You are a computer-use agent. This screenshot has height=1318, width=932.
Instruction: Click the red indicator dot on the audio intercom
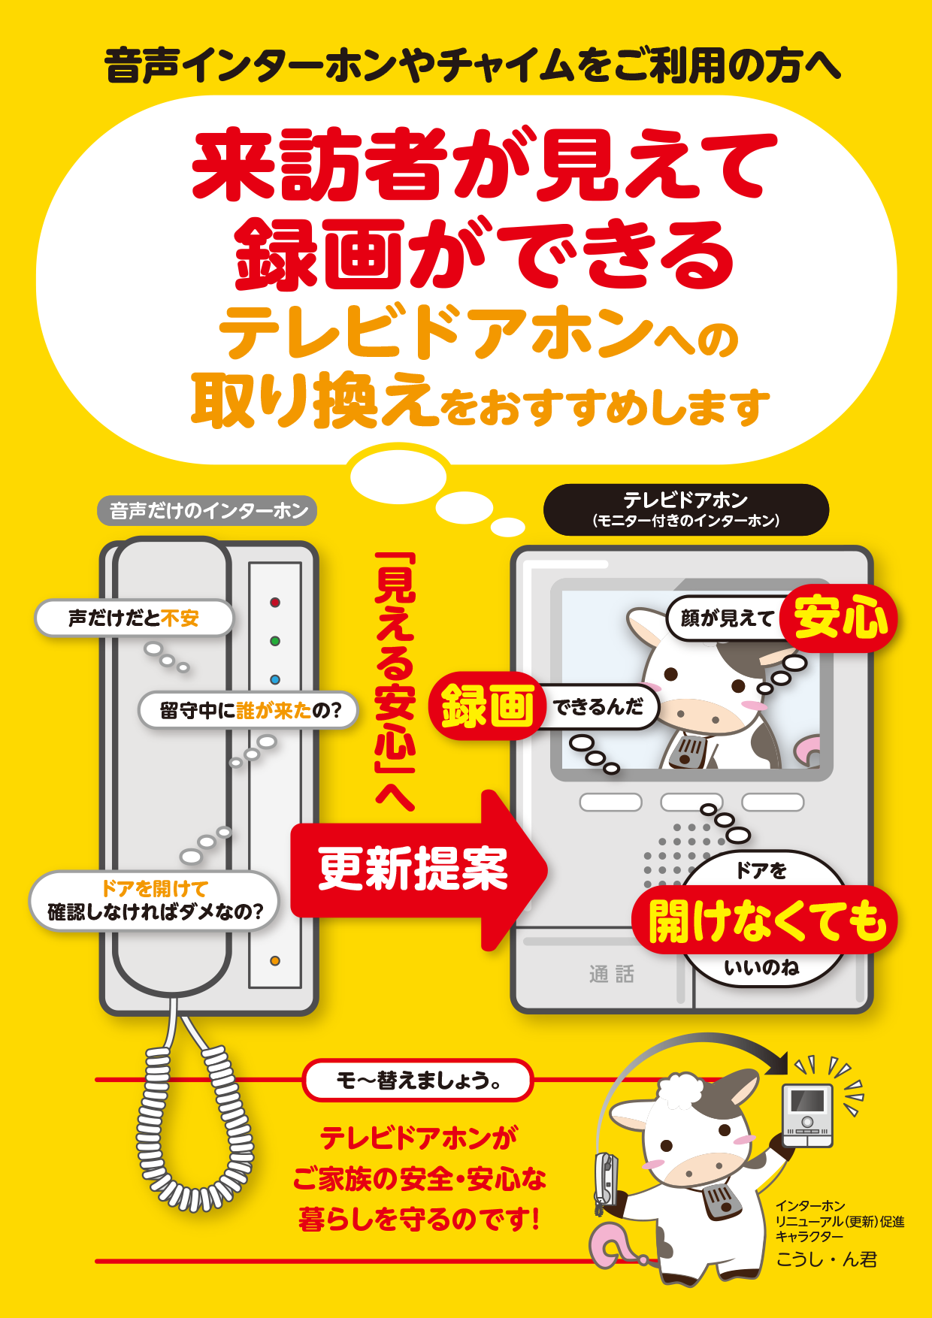(x=275, y=603)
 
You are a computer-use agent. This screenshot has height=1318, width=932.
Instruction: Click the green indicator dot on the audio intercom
(x=275, y=641)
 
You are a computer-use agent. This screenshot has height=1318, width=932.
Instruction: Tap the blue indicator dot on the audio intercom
(x=275, y=679)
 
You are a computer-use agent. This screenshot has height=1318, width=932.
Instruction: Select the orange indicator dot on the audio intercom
(x=275, y=961)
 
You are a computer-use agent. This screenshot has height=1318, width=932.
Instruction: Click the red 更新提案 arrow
(x=418, y=870)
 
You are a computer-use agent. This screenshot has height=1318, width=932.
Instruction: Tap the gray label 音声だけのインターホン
(x=207, y=511)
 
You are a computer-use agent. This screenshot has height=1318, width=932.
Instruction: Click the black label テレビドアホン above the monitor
(x=685, y=509)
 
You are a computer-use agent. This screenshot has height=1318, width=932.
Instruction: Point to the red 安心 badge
(x=840, y=618)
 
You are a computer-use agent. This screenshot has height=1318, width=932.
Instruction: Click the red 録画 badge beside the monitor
(x=488, y=706)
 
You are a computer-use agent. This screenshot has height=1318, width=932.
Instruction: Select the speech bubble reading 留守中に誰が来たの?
(x=249, y=710)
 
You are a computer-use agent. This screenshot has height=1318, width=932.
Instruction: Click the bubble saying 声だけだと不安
(x=134, y=618)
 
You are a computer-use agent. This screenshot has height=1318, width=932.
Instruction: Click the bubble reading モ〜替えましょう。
(x=418, y=1081)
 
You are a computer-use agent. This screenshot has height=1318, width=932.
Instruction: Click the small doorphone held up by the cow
(x=808, y=1115)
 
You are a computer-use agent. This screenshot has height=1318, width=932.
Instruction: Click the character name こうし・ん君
(x=826, y=1259)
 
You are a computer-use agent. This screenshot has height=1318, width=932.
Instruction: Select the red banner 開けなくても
(x=764, y=920)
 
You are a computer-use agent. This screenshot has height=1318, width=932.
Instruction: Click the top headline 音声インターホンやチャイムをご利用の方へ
(x=472, y=65)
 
